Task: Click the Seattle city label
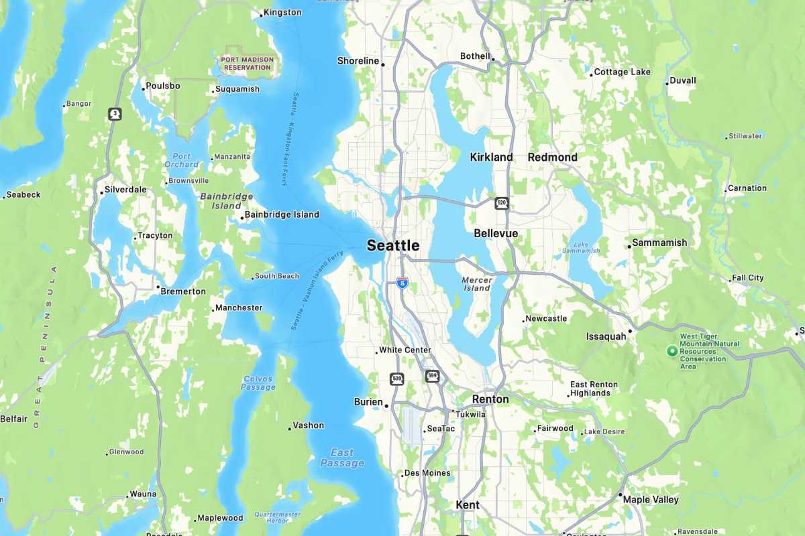pyautogui.click(x=393, y=245)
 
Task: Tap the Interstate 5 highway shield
pyautogui.click(x=402, y=283)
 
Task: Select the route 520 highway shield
pyautogui.click(x=501, y=203)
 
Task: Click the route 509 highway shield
pyautogui.click(x=396, y=379)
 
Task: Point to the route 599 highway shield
pyautogui.click(x=432, y=377)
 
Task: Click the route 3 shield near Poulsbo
pyautogui.click(x=115, y=114)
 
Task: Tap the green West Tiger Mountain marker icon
pyautogui.click(x=671, y=350)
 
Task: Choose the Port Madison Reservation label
pyautogui.click(x=248, y=64)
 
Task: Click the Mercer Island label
pyautogui.click(x=477, y=283)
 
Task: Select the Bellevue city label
pyautogui.click(x=496, y=233)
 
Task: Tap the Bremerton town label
pyautogui.click(x=182, y=291)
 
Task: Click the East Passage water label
pyautogui.click(x=342, y=458)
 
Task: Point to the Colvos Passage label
pyautogui.click(x=258, y=383)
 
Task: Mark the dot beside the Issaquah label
pyautogui.click(x=630, y=330)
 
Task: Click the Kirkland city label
pyautogui.click(x=491, y=157)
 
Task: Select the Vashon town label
pyautogui.click(x=309, y=425)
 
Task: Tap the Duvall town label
pyautogui.click(x=684, y=80)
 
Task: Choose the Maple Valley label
pyautogui.click(x=651, y=499)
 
